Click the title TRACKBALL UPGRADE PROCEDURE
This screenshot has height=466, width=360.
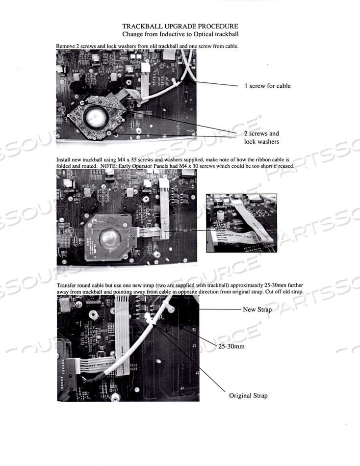[180, 26]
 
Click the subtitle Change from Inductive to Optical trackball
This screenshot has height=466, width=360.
[180, 34]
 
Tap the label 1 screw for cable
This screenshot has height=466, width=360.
[267, 86]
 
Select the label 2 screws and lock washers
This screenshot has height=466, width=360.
[261, 137]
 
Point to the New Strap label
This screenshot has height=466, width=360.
[257, 310]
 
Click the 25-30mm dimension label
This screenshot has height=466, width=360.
[231, 346]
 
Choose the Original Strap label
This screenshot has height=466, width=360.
[248, 395]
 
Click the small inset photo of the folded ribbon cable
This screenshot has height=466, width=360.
[241, 223]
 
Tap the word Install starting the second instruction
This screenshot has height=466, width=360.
[64, 160]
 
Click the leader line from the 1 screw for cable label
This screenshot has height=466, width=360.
[216, 84]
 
